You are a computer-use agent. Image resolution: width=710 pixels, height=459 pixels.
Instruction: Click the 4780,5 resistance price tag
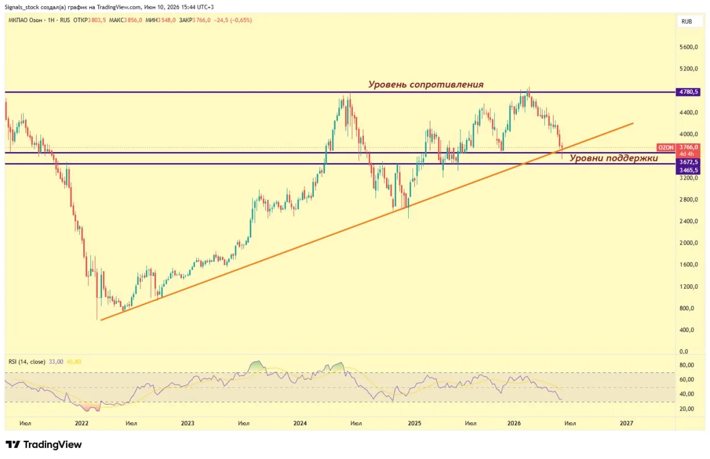pos(688,92)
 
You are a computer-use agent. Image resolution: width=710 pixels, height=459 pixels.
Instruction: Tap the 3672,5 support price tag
pos(688,162)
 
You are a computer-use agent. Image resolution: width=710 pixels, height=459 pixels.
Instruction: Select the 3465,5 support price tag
pos(688,170)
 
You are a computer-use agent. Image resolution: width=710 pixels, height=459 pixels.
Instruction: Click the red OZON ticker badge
pos(666,148)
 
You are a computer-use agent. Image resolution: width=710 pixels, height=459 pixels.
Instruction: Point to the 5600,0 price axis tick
pos(688,47)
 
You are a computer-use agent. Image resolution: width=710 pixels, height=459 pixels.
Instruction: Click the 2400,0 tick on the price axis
pos(688,221)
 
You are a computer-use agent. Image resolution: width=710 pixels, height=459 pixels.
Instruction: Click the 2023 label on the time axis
pos(187,423)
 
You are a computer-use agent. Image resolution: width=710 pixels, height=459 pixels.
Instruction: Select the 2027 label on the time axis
pos(626,423)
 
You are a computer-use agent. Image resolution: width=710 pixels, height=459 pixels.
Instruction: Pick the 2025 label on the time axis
pos(414,423)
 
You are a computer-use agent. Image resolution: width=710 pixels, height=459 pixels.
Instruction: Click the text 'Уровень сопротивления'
pos(425,84)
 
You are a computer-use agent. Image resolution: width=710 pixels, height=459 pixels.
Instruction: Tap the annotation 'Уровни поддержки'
pos(613,158)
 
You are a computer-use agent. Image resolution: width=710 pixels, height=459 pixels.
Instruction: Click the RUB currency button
pos(687,22)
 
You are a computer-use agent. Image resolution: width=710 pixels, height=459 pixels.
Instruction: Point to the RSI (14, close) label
pos(27,362)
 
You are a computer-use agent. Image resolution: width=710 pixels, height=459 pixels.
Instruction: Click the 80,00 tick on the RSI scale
pos(687,365)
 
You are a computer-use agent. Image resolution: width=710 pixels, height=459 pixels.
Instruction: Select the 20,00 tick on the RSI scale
pos(687,409)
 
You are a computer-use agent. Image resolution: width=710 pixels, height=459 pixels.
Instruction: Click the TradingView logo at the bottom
pos(44,445)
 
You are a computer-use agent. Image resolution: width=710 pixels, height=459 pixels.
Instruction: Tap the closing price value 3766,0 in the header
pos(201,21)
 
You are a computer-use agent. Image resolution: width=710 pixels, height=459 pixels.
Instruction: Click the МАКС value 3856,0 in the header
pos(133,21)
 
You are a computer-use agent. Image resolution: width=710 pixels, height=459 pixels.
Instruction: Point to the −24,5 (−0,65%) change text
pos(233,21)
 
